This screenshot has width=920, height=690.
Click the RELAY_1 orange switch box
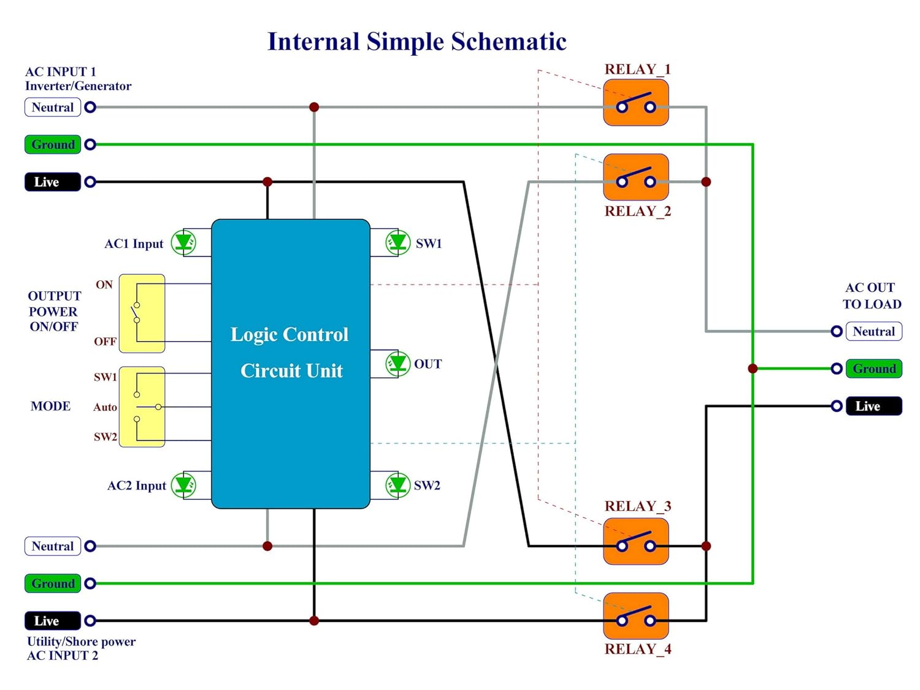(635, 105)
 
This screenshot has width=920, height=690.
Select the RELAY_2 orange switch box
(635, 177)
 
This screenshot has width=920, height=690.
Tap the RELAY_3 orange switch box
(635, 542)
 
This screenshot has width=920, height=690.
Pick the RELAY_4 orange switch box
(635, 616)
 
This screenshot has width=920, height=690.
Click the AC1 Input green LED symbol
(183, 243)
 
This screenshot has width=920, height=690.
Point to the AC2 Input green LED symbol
(183, 485)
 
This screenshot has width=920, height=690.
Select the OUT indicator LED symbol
(397, 364)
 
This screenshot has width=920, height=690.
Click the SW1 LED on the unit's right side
(397, 243)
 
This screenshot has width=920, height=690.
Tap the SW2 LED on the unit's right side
(397, 485)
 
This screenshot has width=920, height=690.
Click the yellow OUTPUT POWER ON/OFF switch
(142, 313)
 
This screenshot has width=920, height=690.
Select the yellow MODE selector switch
(142, 407)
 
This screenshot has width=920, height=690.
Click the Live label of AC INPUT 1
(53, 182)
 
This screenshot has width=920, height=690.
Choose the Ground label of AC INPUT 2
(53, 583)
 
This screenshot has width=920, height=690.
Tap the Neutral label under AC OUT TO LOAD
(873, 331)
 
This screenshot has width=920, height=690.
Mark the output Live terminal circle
(836, 406)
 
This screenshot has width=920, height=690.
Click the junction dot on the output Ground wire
(753, 369)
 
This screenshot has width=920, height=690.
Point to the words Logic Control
(289, 335)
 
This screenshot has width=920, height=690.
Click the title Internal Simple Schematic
(417, 42)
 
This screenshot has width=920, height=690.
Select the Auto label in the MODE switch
(105, 407)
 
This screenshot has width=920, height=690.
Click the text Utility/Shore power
(81, 642)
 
